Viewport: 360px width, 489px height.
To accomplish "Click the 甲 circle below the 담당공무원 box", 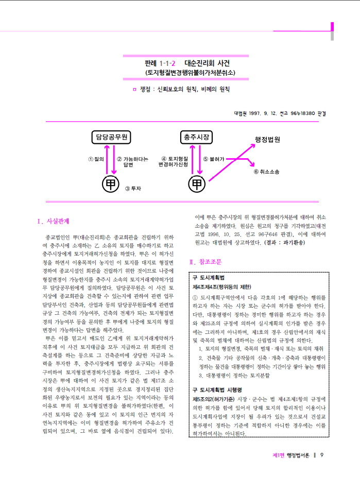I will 110,184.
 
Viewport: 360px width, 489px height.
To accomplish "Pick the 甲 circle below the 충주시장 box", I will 196,184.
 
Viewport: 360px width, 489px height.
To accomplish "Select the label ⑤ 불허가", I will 214,159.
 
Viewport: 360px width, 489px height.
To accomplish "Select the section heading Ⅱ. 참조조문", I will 205,262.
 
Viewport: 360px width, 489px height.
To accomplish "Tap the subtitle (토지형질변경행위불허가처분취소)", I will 190,73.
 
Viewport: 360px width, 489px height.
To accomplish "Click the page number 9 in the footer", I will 322,455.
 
